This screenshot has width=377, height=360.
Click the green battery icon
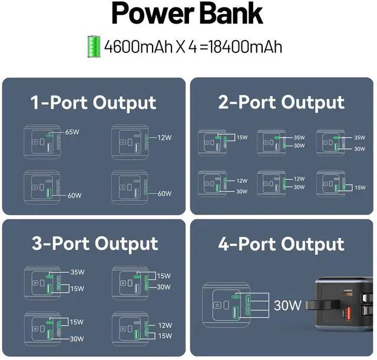[93, 45]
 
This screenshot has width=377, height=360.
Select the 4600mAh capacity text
[137, 46]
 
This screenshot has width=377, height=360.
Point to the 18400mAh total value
[248, 46]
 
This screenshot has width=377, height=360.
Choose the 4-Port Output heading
[281, 243]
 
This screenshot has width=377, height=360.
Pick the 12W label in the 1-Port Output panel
[164, 138]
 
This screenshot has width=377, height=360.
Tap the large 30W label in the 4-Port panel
[288, 305]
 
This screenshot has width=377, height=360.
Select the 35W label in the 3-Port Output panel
[77, 273]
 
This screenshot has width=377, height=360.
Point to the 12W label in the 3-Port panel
[164, 325]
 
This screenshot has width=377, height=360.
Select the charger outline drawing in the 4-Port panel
[228, 305]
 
